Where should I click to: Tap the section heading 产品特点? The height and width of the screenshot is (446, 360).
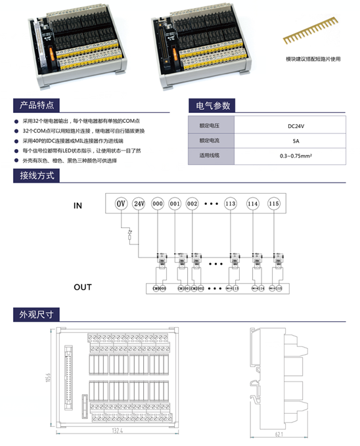[x=37, y=105]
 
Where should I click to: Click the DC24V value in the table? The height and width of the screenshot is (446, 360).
[x=296, y=125]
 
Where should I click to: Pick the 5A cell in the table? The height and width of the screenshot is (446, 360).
[x=296, y=141]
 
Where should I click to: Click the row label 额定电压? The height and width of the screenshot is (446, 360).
[x=209, y=125]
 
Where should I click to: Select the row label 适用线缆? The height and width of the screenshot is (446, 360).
[x=209, y=156]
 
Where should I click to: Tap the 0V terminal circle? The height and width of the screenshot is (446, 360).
[x=121, y=204]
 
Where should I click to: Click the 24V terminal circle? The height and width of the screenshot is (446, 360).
[x=139, y=204]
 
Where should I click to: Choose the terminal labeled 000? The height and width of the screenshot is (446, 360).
[x=157, y=204]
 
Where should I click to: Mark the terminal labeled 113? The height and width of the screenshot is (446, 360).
[x=231, y=204]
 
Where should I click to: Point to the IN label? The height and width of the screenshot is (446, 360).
[x=78, y=206]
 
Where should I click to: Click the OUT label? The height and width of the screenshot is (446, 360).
[x=83, y=287]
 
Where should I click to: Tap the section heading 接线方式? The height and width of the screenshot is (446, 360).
[x=37, y=175]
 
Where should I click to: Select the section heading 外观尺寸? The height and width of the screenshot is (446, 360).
[x=37, y=315]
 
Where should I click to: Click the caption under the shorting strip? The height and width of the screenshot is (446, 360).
[x=313, y=58]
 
